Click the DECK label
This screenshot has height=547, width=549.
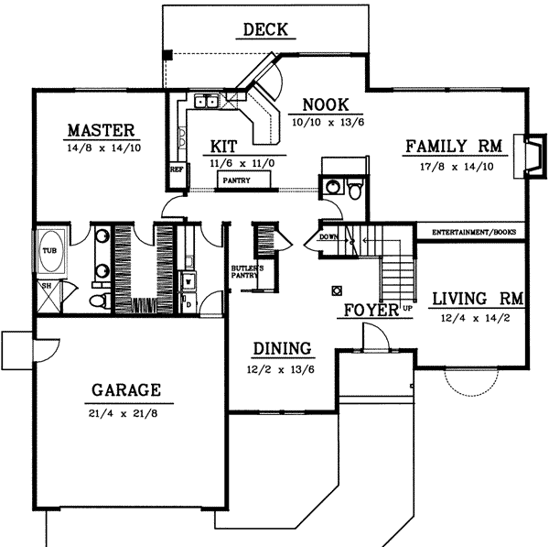pos(265,30)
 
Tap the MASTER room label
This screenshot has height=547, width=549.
pos(101,129)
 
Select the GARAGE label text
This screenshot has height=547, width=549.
pos(125,390)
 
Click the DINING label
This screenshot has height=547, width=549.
pos(282,348)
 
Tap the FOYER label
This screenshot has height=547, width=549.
pos(371,311)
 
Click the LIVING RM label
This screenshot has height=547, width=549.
pos(476,298)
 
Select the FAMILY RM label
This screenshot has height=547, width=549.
pos(452,147)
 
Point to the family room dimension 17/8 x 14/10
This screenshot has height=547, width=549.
pos(452,166)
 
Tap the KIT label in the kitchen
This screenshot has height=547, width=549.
pos(224,146)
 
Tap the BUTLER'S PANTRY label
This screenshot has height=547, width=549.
pos(246,271)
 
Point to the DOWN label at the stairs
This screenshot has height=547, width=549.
pos(329,237)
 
